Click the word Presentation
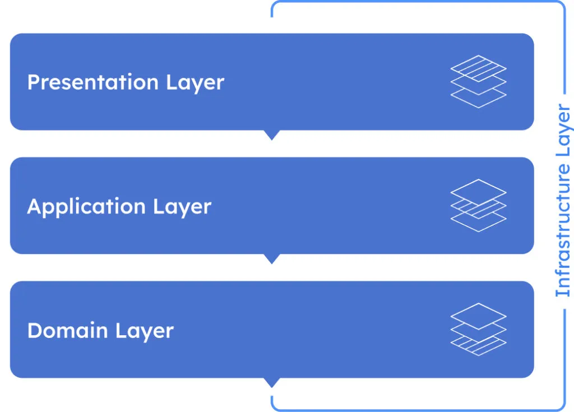tap(93, 82)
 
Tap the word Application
tap(86, 207)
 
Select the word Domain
tap(68, 330)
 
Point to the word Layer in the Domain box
tap(144, 331)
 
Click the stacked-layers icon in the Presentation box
tap(479, 82)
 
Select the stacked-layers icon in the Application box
tap(479, 206)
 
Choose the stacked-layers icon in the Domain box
tap(479, 329)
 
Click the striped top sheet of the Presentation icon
tap(479, 68)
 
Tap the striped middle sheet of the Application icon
tap(479, 209)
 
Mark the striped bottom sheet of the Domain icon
tap(479, 346)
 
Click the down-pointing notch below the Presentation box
tap(272, 135)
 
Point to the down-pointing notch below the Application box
tap(272, 258)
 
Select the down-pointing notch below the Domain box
tap(272, 382)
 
